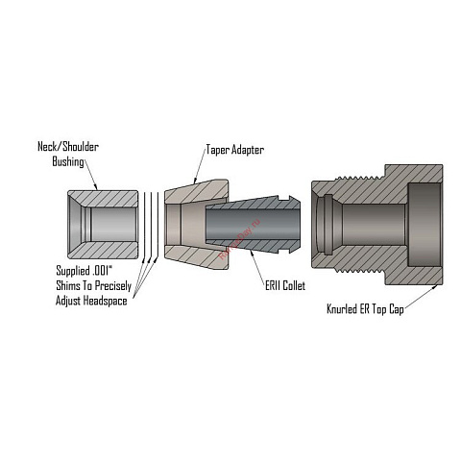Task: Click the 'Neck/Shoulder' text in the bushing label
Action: [x=68, y=147]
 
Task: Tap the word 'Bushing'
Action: [x=68, y=161]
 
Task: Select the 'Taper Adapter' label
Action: [x=235, y=150]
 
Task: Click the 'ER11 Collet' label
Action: [x=285, y=285]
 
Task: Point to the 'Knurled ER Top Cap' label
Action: [x=365, y=309]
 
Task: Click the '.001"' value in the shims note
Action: [x=102, y=271]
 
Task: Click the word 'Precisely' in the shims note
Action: [x=113, y=286]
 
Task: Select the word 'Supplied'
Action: [x=73, y=271]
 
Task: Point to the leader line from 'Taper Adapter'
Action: [x=200, y=167]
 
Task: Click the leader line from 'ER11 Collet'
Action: [x=257, y=265]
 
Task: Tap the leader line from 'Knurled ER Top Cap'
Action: [x=421, y=297]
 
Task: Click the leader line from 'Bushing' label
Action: [x=91, y=176]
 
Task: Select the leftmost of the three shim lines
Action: [x=144, y=225]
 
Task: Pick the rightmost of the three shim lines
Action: [x=158, y=225]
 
